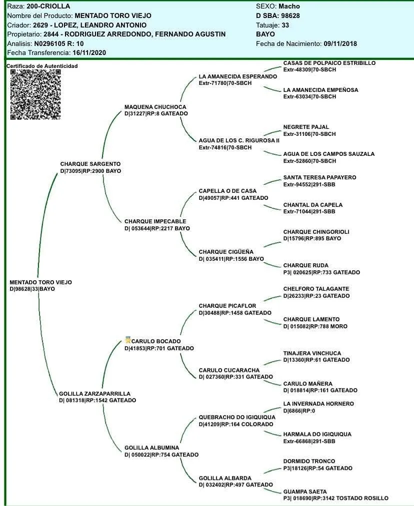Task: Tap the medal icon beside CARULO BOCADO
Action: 127,340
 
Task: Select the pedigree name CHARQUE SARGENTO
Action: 90,164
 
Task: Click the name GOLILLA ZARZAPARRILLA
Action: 94,394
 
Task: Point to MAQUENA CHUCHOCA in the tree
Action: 155,107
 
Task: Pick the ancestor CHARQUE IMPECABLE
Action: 155,221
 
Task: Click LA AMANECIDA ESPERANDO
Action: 237,76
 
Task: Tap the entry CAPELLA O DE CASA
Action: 227,191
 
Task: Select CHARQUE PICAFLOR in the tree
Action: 227,306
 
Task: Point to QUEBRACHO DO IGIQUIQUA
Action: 237,417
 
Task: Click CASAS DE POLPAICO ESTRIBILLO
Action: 329,63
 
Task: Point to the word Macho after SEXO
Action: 289,6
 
